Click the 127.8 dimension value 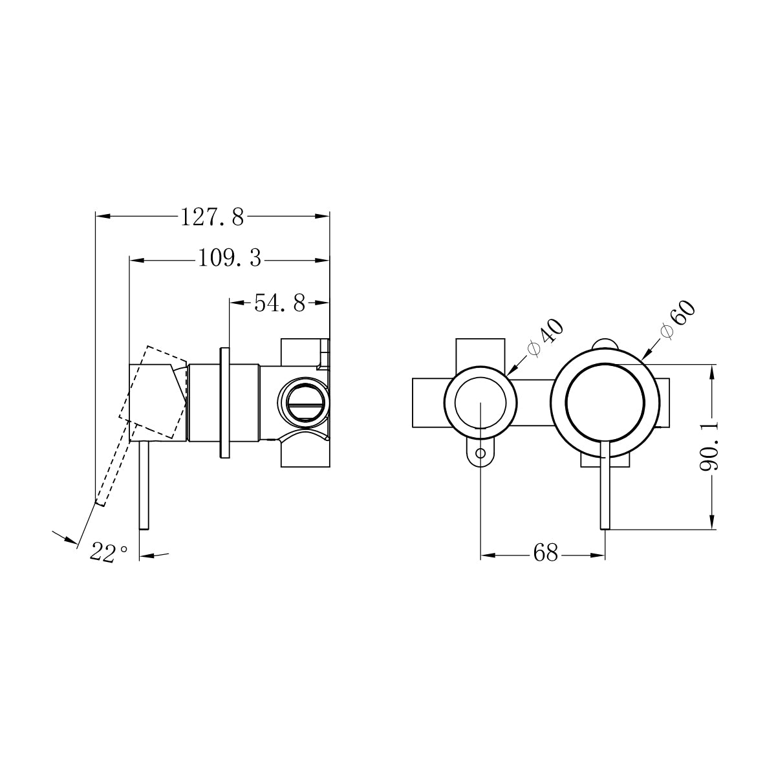coord(212,217)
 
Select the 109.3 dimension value coord(229,259)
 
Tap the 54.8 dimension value coord(279,303)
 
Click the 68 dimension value coord(545,554)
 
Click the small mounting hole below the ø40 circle coord(480,453)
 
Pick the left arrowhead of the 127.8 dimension coord(101,217)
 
